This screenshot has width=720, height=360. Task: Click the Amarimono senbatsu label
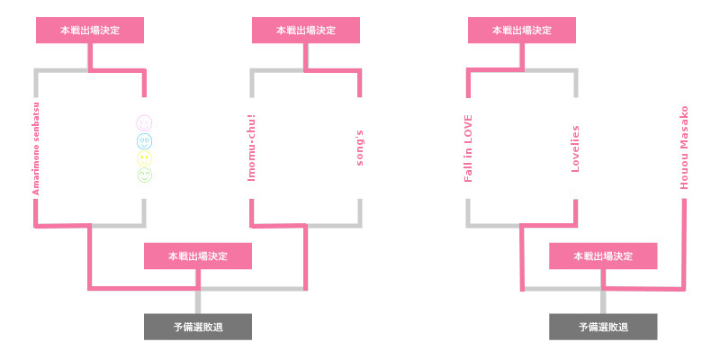36,149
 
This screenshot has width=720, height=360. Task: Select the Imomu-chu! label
251,148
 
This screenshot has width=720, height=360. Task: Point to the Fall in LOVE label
468,148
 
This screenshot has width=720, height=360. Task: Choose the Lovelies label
575,148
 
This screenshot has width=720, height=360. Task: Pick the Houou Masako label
684,148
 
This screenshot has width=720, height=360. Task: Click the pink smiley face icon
144,123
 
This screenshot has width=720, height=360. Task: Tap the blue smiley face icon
144,141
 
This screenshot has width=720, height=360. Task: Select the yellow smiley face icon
144,158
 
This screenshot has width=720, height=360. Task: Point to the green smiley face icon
144,175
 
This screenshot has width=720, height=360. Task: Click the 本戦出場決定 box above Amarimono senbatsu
90,31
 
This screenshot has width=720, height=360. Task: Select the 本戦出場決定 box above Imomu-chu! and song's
306,31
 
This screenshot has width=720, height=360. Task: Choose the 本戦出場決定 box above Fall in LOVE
522,31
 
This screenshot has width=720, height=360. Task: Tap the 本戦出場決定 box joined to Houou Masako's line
603,256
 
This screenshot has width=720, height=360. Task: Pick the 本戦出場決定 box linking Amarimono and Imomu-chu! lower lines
198,256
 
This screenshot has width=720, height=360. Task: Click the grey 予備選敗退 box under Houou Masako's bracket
603,327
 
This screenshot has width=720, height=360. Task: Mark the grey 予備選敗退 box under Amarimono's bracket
198,327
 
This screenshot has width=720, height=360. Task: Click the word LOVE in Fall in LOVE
468,126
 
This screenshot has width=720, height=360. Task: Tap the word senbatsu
36,122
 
